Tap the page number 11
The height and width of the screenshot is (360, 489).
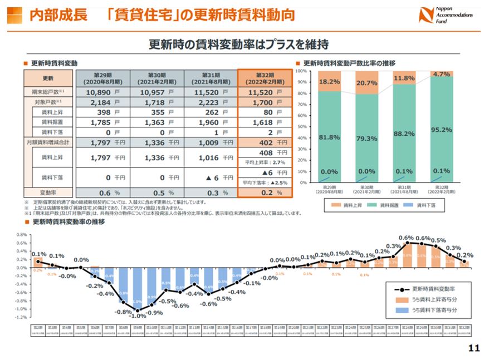click(474, 348)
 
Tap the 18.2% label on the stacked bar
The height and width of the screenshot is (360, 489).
click(330, 82)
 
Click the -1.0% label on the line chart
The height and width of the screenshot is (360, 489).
click(137, 315)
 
